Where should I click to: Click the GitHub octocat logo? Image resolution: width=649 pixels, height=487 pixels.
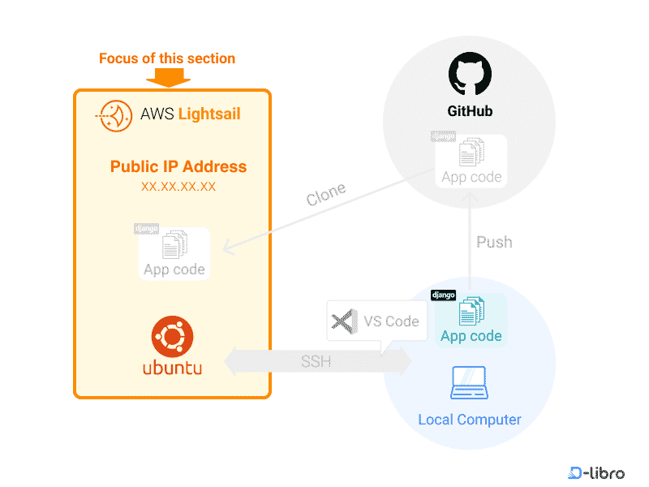point(470,75)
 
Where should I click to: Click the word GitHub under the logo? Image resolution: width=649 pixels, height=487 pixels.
point(470,111)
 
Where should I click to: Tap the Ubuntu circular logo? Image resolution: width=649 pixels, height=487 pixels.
point(172,335)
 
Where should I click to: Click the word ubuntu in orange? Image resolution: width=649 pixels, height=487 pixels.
point(172,368)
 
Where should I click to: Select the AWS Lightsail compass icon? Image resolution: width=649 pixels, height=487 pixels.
point(114,114)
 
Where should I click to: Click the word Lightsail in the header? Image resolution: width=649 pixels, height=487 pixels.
point(209,114)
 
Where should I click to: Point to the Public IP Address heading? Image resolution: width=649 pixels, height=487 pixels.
point(178,166)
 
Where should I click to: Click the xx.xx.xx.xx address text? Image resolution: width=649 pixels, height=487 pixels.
point(178,187)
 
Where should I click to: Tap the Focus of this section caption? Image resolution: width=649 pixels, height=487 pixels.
point(166,58)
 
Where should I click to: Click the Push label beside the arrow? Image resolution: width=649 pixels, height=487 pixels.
point(494,242)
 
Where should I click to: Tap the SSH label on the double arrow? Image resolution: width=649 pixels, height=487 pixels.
point(316,361)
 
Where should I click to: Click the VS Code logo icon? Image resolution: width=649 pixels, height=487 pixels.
point(345,321)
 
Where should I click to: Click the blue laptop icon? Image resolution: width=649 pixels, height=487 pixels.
point(469,383)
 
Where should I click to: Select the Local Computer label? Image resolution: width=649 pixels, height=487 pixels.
point(469,420)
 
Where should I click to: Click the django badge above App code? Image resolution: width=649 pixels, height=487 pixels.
point(443,295)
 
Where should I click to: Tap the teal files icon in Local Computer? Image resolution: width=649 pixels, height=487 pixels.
point(471,312)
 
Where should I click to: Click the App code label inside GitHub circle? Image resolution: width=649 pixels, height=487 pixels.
point(471,177)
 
